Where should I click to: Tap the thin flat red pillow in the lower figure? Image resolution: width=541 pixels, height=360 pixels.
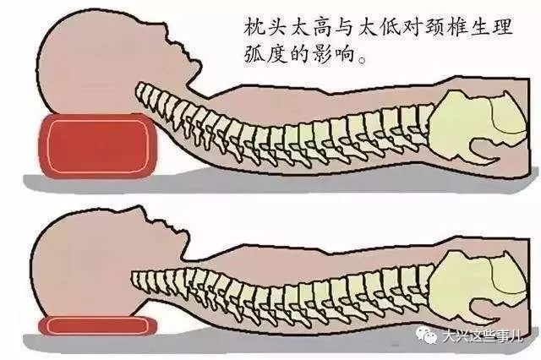click(x=98, y=326)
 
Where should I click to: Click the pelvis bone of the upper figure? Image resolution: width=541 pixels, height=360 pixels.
click(x=479, y=128)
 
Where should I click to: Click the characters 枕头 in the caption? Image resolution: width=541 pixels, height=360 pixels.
click(x=265, y=26)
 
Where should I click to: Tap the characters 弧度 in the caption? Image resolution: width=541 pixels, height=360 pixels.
click(x=265, y=54)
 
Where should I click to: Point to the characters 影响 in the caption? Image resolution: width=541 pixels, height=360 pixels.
click(x=334, y=54)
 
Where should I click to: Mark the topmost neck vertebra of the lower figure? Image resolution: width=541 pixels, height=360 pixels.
click(x=137, y=280)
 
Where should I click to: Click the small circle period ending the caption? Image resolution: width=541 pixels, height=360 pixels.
click(x=362, y=61)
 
